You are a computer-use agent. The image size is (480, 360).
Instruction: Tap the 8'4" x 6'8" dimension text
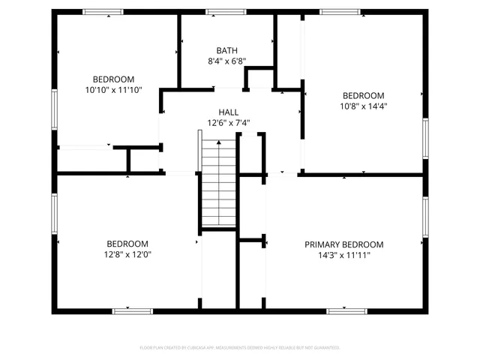tap(226, 61)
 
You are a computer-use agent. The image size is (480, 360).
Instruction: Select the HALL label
tap(228, 112)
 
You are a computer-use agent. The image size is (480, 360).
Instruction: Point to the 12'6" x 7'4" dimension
tap(228, 123)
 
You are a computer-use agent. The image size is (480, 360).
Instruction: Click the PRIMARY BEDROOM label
tap(343, 244)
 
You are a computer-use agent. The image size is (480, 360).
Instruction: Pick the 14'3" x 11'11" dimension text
tap(343, 256)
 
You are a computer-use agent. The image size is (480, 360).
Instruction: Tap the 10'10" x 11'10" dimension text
tap(113, 90)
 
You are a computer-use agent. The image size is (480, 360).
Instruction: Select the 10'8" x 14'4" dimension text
tap(363, 106)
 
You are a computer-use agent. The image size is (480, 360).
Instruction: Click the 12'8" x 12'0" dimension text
tap(127, 255)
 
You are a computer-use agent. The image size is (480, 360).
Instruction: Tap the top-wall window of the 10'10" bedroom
tap(103, 12)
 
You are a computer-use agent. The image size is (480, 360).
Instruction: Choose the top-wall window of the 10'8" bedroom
tap(340, 12)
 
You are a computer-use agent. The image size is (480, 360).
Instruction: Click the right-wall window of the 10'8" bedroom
tap(424, 139)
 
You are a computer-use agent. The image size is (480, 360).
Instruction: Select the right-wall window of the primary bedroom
tap(424, 217)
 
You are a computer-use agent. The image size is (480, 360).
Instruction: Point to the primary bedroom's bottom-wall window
tap(347, 310)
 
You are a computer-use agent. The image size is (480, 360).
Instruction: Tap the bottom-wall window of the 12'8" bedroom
tap(132, 310)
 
